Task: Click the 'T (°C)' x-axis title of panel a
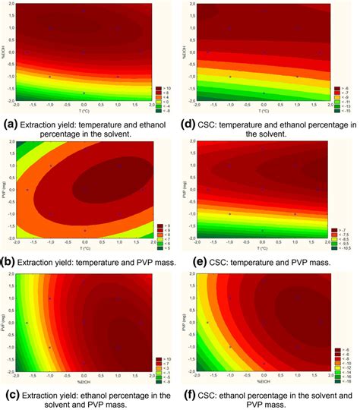pyautogui.click(x=83, y=109)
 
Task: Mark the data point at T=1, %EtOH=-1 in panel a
pyautogui.click(x=118, y=77)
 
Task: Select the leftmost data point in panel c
pyautogui.click(x=27, y=322)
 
